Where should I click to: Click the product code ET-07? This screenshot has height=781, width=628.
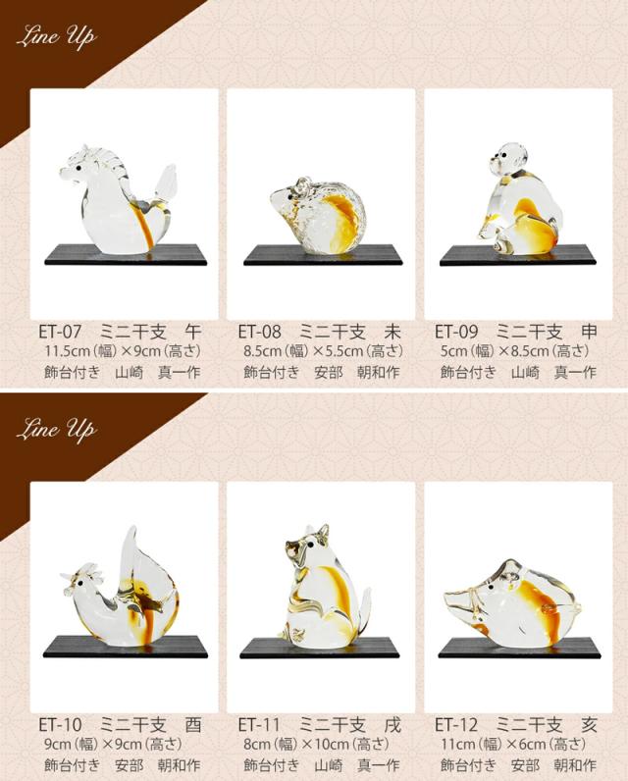coord(60,332)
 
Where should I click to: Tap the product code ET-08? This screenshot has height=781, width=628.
coord(259,332)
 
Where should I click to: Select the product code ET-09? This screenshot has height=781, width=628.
coord(456,332)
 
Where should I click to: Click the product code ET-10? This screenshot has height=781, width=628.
coord(60,725)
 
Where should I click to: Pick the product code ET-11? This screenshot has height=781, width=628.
coord(259,725)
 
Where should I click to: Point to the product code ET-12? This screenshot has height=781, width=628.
coord(456,725)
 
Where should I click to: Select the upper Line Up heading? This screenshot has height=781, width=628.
coord(56,37)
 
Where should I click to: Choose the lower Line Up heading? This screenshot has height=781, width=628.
coord(56,430)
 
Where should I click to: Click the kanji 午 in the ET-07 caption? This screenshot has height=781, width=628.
coord(192,332)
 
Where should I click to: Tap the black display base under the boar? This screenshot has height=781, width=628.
coord(519,648)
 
